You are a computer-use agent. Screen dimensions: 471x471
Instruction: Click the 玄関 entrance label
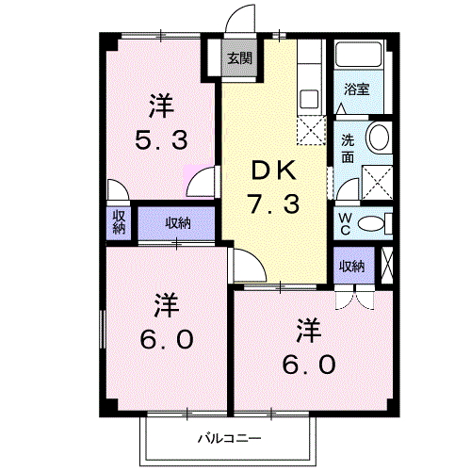[x=239, y=58]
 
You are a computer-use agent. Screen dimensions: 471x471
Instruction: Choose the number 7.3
[x=275, y=203]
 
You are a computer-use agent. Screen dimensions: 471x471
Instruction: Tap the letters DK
[x=274, y=171]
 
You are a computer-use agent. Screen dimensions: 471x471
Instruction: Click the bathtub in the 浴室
[x=358, y=57]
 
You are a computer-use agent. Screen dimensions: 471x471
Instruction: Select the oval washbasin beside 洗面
[x=379, y=138]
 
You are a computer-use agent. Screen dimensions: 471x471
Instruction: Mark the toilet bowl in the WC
[x=373, y=222]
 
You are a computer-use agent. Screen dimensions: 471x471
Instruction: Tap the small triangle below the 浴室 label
[x=342, y=109]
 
